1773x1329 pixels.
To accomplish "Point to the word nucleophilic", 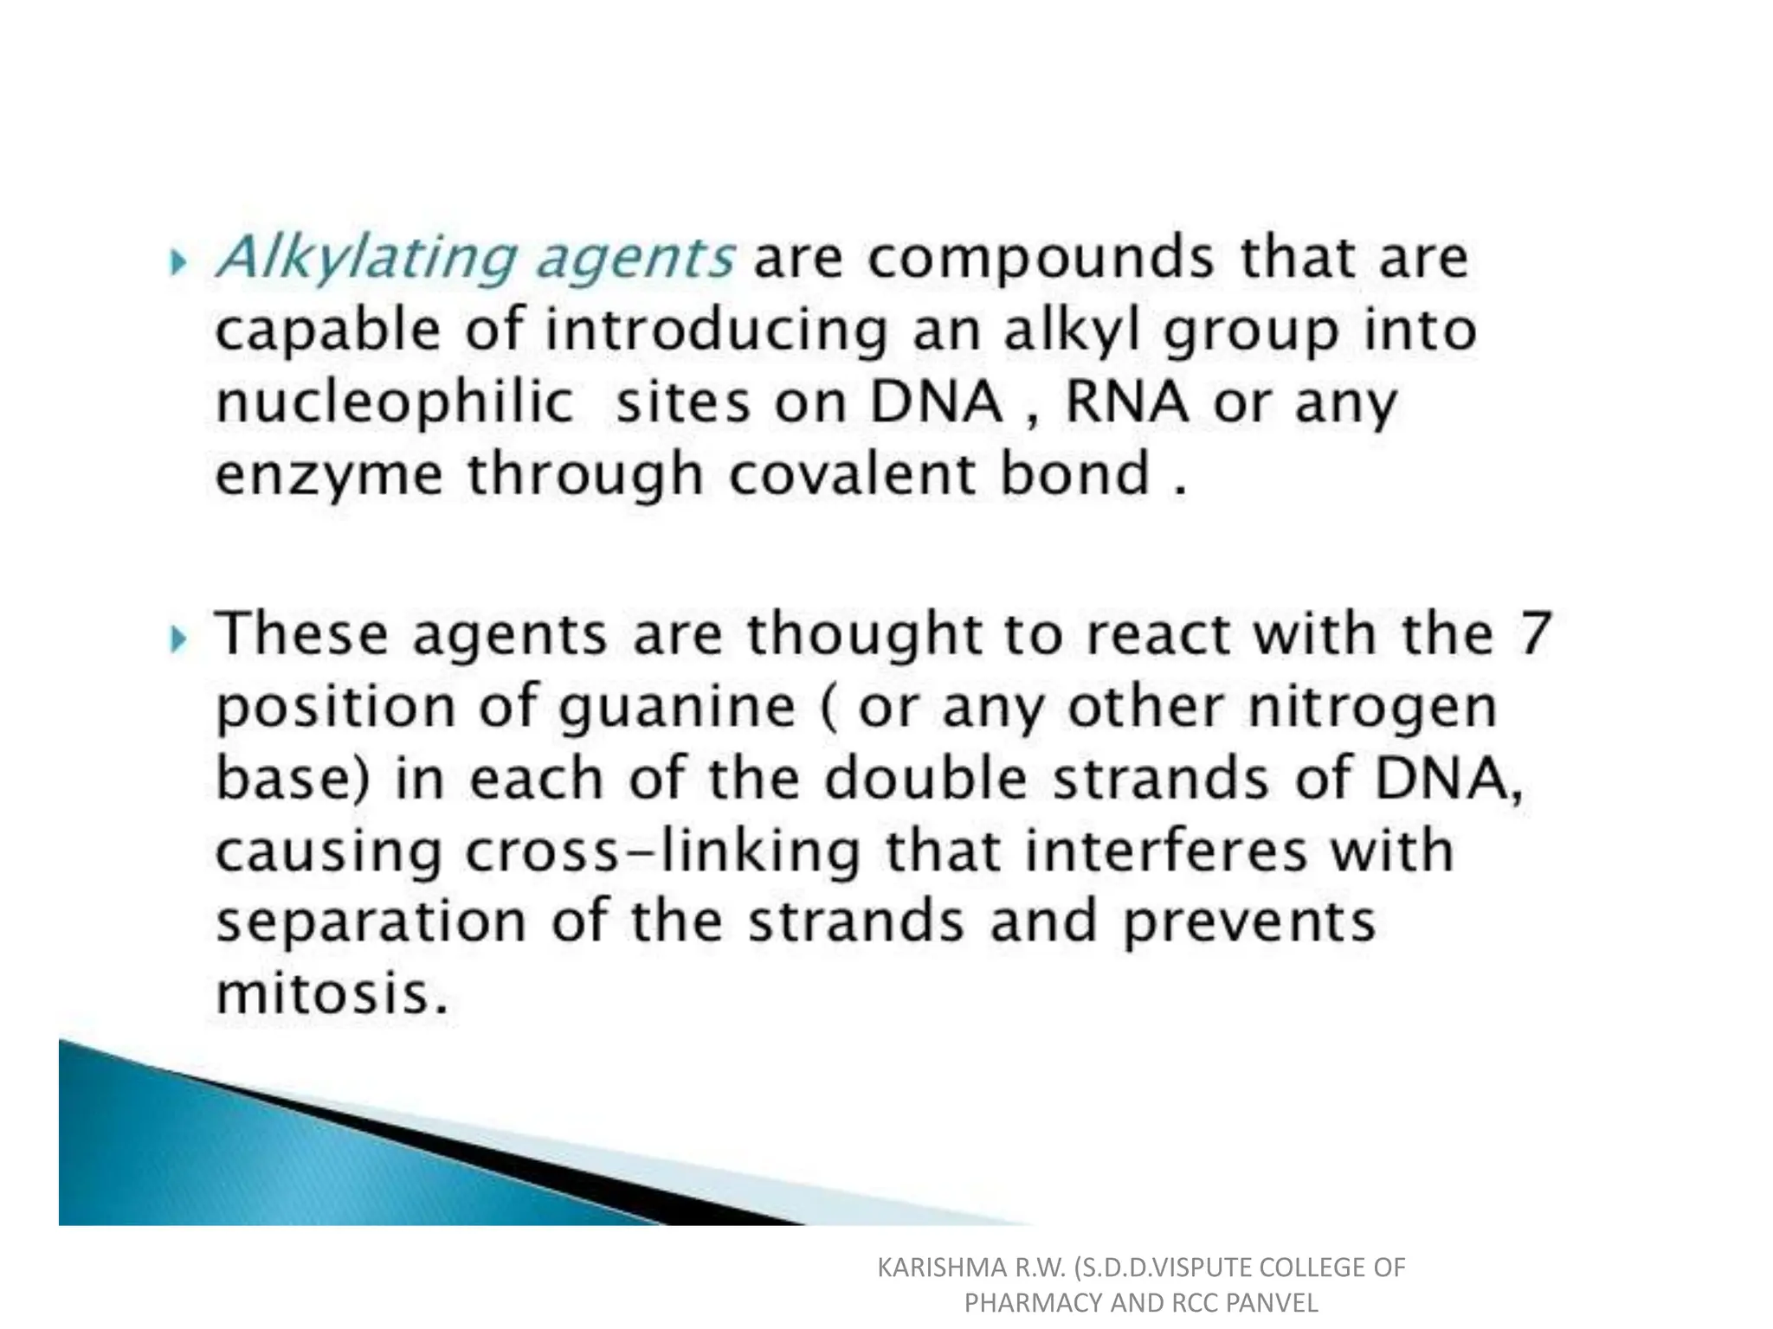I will [394, 402].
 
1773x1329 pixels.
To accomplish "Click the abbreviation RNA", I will [1126, 402].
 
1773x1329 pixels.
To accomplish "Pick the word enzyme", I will [328, 475].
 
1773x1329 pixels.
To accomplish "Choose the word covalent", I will [852, 474].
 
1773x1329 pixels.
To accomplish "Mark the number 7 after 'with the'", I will [1533, 633].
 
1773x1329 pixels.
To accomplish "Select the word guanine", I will [676, 708].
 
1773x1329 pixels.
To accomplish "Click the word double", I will [925, 778].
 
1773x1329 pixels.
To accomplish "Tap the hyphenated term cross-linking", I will [663, 851].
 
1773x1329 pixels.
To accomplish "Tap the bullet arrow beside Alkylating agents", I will [178, 261].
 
